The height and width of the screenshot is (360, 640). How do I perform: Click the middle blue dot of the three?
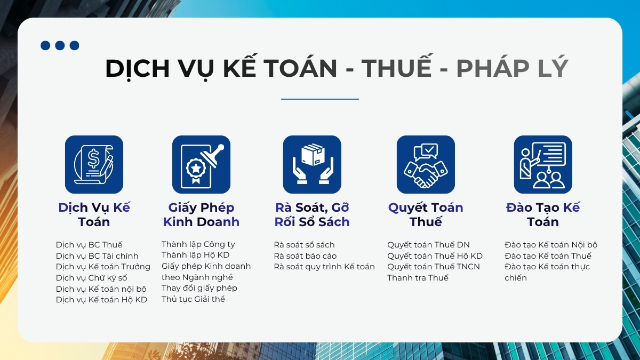click(x=60, y=45)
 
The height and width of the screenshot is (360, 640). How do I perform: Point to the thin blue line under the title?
click(x=319, y=99)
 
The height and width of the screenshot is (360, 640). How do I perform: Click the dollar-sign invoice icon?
click(x=94, y=164)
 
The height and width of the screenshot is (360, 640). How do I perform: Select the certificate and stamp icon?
click(x=201, y=164)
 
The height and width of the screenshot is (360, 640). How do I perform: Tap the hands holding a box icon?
click(x=312, y=164)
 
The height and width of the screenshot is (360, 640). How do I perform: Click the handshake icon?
click(x=426, y=164)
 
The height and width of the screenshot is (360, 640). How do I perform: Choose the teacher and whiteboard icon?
click(x=543, y=164)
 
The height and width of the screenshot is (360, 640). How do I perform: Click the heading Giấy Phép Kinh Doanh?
click(x=201, y=214)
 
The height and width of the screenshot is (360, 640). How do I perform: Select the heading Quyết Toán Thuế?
click(x=426, y=214)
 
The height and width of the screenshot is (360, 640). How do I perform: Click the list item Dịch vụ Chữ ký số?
click(x=91, y=278)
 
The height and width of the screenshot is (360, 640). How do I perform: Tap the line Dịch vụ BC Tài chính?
click(x=97, y=255)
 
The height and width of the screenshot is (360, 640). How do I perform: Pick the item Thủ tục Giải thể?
click(x=193, y=299)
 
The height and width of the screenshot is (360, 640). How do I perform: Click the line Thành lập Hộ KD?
click(x=195, y=255)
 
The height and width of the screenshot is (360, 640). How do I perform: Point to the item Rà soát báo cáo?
click(x=305, y=255)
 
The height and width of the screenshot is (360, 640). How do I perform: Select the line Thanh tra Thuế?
click(x=418, y=278)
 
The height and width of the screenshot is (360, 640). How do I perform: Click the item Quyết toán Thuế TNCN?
click(x=434, y=267)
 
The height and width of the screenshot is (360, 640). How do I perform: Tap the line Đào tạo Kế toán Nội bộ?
click(x=551, y=245)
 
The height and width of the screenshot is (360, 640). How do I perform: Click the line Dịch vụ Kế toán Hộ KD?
click(x=101, y=300)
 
